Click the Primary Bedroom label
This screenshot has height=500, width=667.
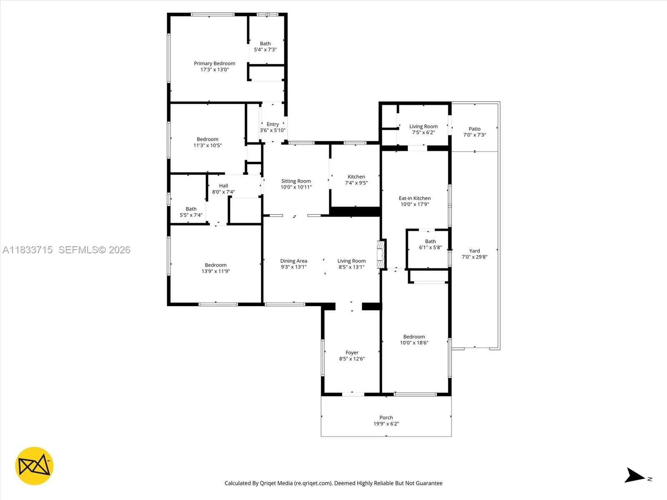214,63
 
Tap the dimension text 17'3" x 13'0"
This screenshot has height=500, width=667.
214,70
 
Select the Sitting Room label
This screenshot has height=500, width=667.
296,181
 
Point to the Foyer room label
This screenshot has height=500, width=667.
352,352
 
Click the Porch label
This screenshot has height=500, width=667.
386,417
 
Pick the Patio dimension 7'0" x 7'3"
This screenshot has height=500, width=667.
474,135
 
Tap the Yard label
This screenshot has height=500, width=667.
474,251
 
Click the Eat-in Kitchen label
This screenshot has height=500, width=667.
414,198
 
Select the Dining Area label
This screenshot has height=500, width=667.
293,261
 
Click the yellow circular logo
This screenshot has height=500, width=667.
34,466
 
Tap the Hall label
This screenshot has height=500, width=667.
223,186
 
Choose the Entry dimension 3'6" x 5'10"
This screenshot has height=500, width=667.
273,130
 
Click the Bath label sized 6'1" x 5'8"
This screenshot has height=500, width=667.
430,241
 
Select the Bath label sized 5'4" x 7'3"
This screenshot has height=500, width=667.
265,43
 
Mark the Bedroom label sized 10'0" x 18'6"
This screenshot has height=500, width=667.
414,337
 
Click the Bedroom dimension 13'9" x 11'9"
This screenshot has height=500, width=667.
216,271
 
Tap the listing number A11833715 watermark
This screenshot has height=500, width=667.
28,250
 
